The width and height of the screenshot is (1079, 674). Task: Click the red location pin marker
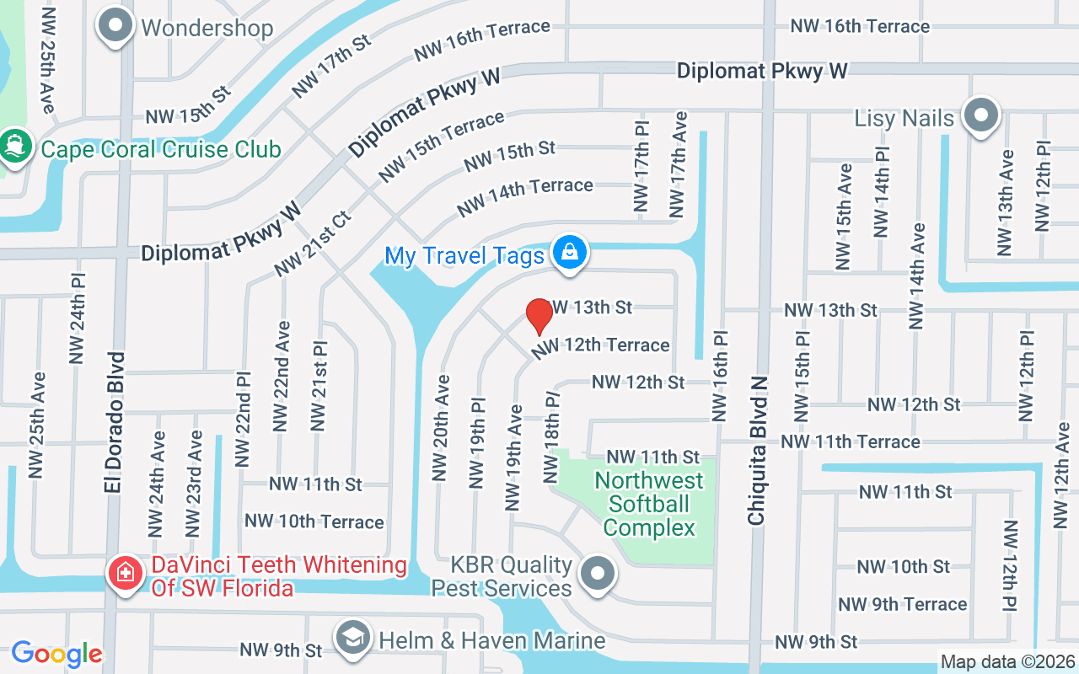coord(539,316)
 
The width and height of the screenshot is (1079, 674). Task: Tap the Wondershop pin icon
coord(115,27)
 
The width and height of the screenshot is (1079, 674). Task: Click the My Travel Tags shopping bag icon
coord(570,252)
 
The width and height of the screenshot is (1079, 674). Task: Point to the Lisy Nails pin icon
coord(980,116)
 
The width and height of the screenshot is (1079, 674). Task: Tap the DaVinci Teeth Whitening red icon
coord(125,575)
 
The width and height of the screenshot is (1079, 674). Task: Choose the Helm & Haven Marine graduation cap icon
coord(354,639)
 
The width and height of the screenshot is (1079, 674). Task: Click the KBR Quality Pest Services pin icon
coord(598,575)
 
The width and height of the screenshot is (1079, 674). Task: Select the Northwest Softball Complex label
coord(649,504)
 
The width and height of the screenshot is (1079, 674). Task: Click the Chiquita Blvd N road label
coord(757,451)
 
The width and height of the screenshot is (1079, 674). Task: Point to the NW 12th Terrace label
coord(601,345)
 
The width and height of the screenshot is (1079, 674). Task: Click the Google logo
coord(56,654)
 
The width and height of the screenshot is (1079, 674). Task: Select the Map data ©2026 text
coord(1007,661)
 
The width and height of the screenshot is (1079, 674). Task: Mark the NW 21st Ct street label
coord(311,243)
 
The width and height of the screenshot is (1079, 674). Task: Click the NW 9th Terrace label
coord(902,604)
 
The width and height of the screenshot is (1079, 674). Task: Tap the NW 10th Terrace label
coord(314,522)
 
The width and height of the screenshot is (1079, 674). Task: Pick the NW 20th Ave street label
coord(440,428)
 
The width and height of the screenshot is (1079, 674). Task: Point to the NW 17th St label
coord(330,67)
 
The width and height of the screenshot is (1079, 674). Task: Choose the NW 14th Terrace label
coord(524,195)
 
